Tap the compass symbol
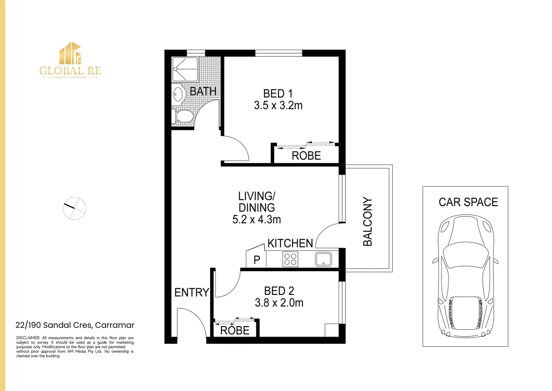coord(74,208)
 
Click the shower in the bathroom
coord(185,69)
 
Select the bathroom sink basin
coord(178,94)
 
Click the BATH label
coord(203,91)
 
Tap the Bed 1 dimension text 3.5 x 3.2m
coord(278,105)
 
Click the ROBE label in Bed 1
coord(306,156)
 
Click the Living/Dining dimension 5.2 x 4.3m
coord(257,219)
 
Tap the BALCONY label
coord(368,222)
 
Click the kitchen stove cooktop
coord(290,259)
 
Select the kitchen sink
coord(324,259)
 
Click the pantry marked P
coord(257,260)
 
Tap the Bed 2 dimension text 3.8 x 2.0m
coord(279,303)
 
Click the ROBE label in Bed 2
coord(235,331)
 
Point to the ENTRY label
coord(192,292)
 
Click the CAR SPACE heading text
coord(468,202)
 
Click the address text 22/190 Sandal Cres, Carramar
coord(75,325)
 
